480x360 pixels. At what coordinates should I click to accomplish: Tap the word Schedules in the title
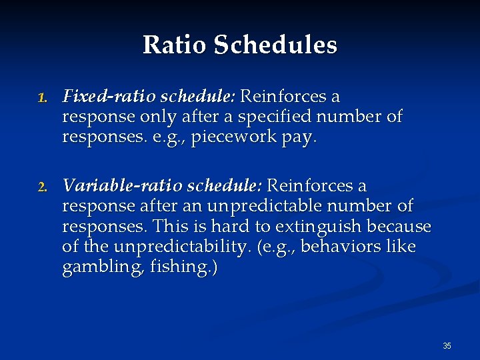pyautogui.click(x=275, y=45)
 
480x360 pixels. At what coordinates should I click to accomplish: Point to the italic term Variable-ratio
pyautogui.click(x=117, y=185)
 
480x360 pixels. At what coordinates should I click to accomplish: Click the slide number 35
pyautogui.click(x=447, y=346)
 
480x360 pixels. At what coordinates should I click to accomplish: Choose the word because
pyautogui.click(x=400, y=227)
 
